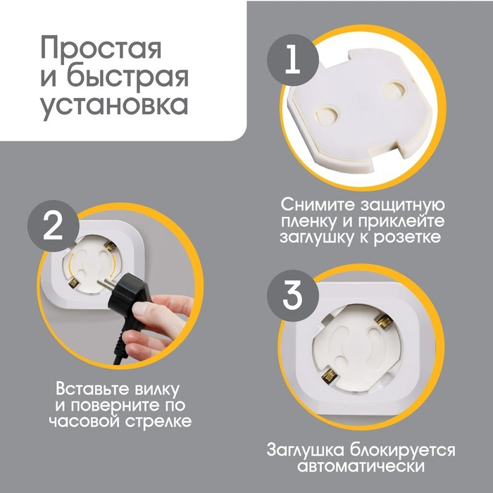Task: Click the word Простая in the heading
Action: [x=101, y=49]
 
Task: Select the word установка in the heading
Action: [x=113, y=104]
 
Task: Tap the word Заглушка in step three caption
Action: [x=308, y=450]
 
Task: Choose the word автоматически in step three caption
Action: [x=359, y=467]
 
